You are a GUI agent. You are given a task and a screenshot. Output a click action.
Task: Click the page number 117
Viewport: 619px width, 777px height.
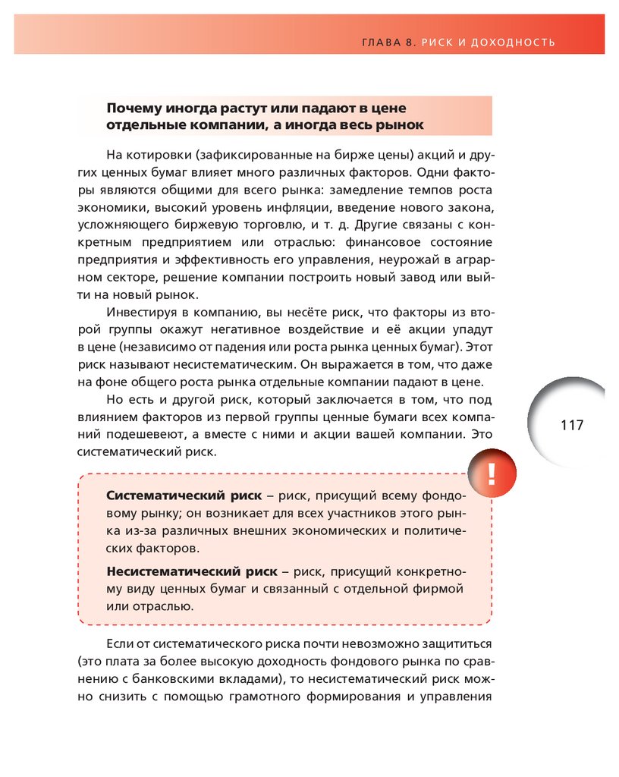(572, 425)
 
